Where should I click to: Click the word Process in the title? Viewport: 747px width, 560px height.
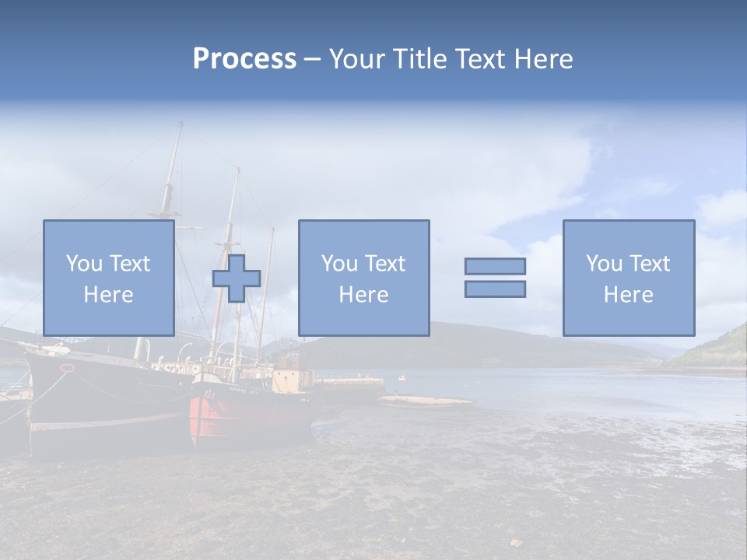click(244, 59)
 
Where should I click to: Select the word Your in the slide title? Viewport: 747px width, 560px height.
click(357, 59)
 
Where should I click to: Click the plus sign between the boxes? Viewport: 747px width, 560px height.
click(237, 278)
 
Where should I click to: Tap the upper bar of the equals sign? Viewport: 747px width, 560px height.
click(495, 266)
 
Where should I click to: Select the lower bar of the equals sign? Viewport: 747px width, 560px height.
click(495, 289)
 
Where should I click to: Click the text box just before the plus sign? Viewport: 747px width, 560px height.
click(109, 278)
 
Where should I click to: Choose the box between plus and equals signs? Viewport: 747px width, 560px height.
click(363, 278)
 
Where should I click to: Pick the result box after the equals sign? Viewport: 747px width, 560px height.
click(628, 278)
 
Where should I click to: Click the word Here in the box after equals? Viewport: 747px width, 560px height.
click(628, 294)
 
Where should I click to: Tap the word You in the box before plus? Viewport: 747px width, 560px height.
click(84, 264)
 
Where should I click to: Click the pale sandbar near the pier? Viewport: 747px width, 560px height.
click(424, 401)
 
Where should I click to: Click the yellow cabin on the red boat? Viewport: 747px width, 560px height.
click(295, 379)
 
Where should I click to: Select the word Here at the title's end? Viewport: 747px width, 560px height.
click(543, 59)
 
